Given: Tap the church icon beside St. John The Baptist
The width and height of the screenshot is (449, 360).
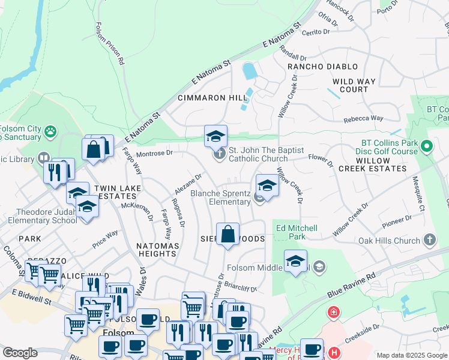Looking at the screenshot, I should coord(220,154).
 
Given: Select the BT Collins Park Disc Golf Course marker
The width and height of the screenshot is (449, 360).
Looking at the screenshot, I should coord(427,146).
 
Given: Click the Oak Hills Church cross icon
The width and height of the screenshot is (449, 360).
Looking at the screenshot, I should coord(429,241).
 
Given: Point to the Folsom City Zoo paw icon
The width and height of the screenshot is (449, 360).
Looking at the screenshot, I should coord(50,130).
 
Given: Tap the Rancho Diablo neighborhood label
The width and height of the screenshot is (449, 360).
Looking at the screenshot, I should coord(322,67).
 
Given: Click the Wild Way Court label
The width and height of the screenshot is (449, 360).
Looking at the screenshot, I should coord(354,85).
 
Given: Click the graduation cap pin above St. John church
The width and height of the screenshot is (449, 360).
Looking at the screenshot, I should coord(215,136).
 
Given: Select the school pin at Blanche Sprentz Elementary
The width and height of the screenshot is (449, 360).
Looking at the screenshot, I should coord(267,185).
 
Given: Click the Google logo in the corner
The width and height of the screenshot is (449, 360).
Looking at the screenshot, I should coord(20,352).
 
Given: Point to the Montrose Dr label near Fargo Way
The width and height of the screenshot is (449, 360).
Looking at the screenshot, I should coord(154,153).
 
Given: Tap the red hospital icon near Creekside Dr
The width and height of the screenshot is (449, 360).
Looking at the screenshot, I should coord(332,313).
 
